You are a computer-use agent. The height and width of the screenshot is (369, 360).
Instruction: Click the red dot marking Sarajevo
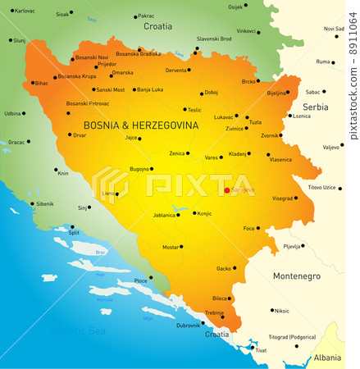(x=227, y=190)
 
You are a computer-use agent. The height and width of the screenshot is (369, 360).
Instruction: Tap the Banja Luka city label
(x=149, y=89)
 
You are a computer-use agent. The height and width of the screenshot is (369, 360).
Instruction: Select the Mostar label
(x=171, y=247)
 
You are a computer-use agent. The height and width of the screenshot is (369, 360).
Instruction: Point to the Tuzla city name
(x=255, y=122)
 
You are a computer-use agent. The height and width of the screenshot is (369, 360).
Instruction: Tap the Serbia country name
(x=315, y=107)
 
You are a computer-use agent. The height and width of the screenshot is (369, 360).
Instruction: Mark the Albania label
(x=327, y=358)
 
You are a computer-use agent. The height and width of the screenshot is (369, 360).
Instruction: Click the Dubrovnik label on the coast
(x=188, y=326)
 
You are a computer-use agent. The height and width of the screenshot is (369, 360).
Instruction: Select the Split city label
(x=74, y=233)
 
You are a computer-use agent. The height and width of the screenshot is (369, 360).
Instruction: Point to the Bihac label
(x=41, y=83)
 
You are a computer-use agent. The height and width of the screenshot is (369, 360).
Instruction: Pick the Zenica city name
(x=177, y=153)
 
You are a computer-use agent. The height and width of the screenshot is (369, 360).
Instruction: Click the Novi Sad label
(x=334, y=29)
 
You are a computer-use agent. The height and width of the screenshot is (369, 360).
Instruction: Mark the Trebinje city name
(x=215, y=312)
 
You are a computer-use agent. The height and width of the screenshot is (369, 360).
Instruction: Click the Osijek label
(x=235, y=7)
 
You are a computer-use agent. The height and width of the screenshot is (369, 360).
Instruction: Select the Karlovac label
(x=25, y=11)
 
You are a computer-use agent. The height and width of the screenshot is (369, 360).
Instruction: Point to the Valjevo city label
(x=331, y=147)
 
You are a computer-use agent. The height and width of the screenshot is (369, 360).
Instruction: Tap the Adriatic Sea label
(x=79, y=330)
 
